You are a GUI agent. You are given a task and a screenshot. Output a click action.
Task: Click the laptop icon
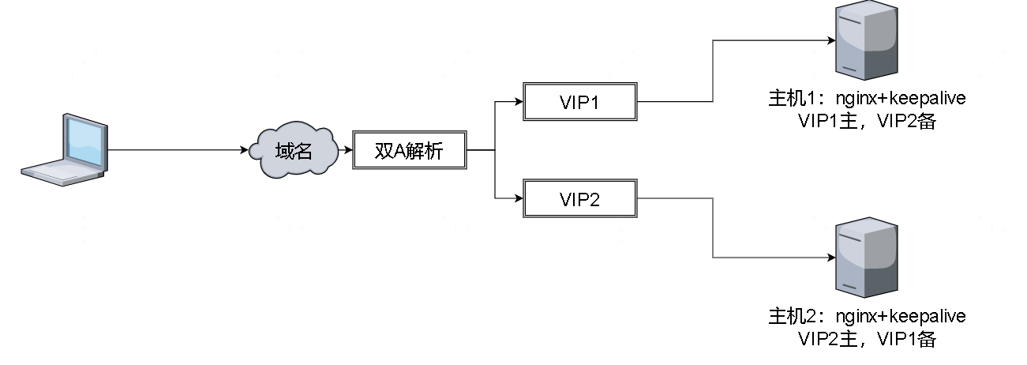point(65,150)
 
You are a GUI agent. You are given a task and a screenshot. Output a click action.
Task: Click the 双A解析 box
point(410,150)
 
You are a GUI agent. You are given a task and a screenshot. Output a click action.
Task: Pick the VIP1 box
point(579,102)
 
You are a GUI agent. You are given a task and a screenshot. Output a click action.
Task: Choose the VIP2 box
point(579,198)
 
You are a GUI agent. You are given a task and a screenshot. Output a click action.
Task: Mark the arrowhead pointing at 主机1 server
point(830,41)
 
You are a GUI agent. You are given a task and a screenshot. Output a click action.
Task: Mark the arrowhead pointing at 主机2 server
point(830,258)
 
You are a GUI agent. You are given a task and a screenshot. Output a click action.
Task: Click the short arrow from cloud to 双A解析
point(345,149)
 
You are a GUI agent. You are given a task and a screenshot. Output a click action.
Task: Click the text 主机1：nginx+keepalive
point(867,100)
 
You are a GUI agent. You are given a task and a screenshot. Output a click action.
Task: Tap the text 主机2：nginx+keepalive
point(867,317)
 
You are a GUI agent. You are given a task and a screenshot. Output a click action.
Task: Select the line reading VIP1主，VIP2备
point(867,122)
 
